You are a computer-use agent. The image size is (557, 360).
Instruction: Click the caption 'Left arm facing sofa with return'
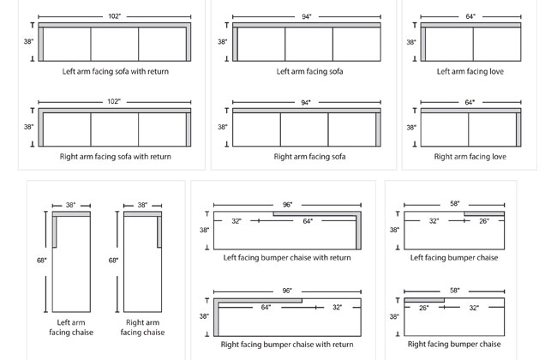[x=115, y=72]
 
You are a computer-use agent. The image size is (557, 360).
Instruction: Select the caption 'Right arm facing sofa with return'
[x=115, y=157]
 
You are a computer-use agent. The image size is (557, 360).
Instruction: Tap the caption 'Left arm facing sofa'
[x=309, y=72]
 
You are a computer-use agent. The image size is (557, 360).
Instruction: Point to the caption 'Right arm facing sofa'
[x=309, y=157]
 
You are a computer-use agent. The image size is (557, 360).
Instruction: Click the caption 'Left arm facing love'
[x=470, y=72]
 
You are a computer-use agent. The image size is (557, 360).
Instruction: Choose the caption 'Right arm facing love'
[x=470, y=157]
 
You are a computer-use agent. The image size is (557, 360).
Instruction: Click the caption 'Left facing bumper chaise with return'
[x=287, y=257]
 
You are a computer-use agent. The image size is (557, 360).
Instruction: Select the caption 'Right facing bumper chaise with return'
[x=287, y=344]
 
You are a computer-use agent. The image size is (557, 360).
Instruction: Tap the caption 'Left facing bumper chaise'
[x=454, y=257]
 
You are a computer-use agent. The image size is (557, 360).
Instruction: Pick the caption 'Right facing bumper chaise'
[x=454, y=344]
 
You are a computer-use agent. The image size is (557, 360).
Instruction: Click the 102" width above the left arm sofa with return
[x=115, y=16]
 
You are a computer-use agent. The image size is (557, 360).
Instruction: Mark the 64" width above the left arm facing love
[x=470, y=16]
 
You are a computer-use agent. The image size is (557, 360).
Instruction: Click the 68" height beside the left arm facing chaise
[x=40, y=261]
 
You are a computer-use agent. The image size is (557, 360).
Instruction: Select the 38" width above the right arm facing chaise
[x=142, y=205]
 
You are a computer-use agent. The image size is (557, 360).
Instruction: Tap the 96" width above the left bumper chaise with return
[x=287, y=204]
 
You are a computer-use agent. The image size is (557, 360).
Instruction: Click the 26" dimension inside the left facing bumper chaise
[x=484, y=221]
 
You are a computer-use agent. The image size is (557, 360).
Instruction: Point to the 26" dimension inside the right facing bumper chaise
[x=423, y=307]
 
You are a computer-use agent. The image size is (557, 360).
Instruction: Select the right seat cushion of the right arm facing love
[x=492, y=129]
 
